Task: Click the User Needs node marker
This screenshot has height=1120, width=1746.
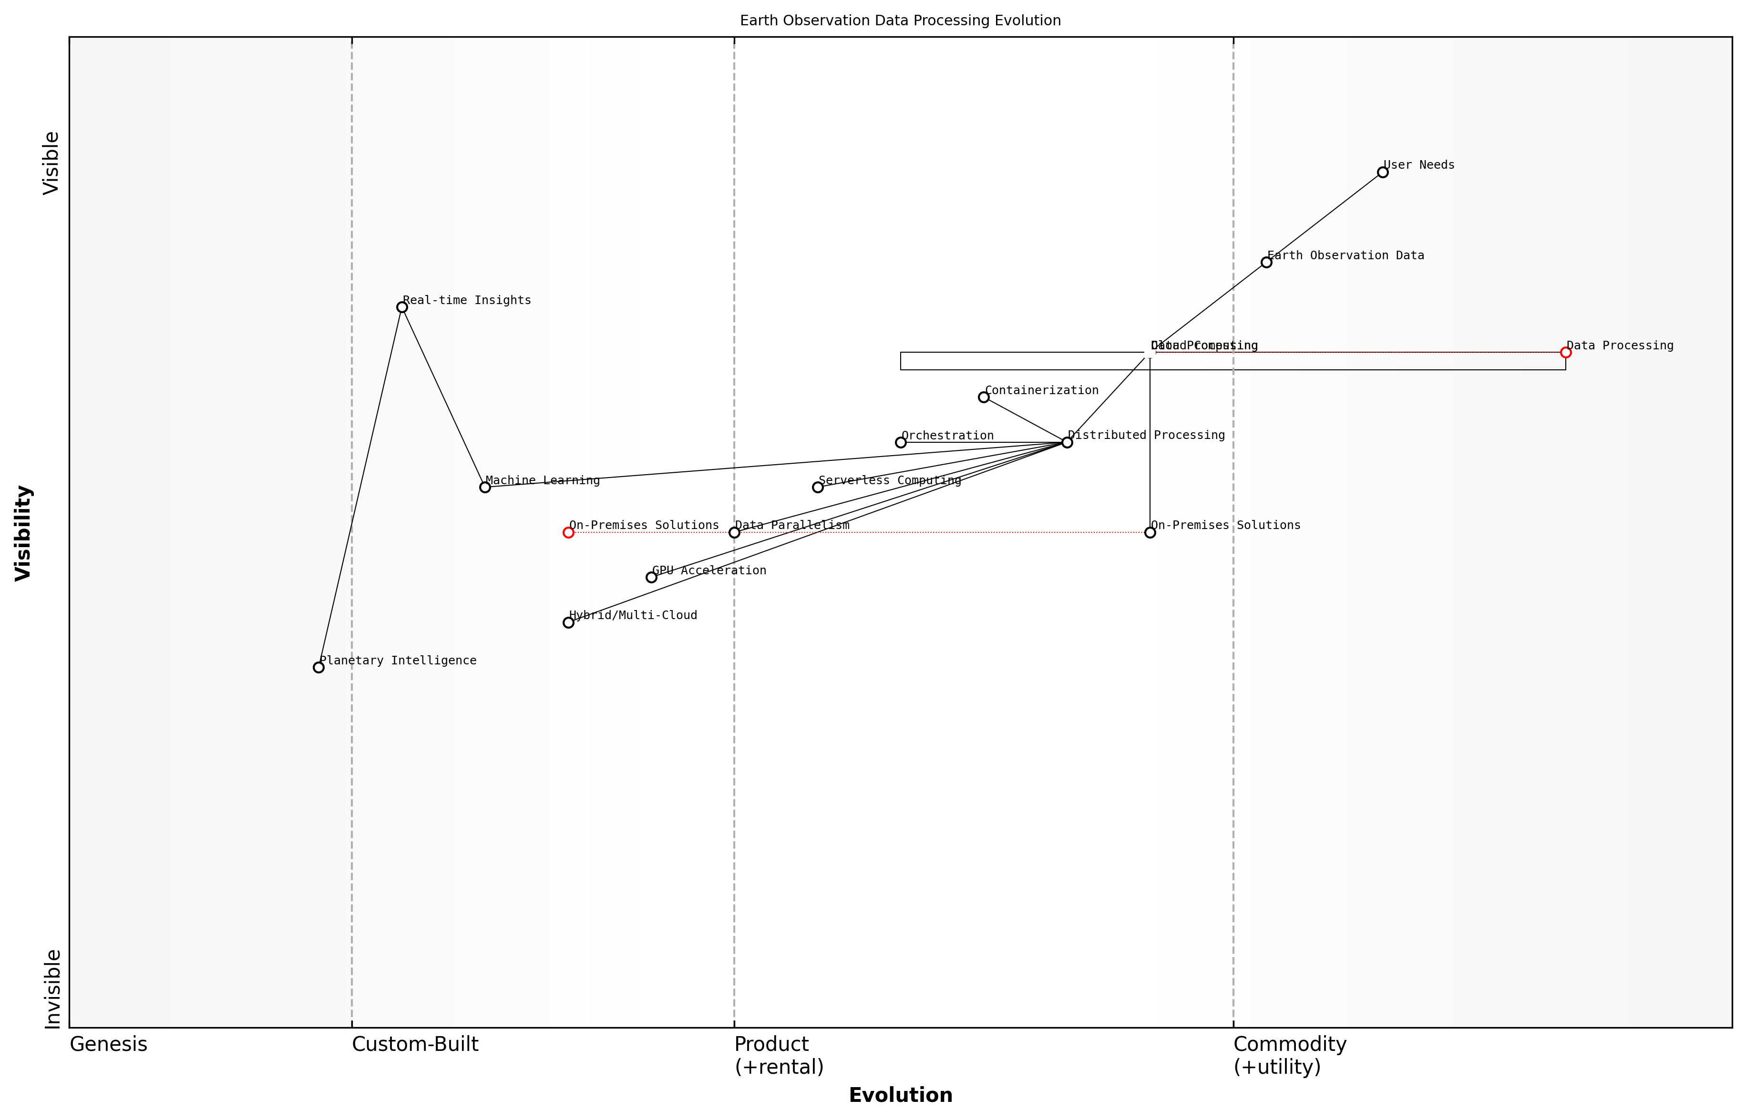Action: point(1382,173)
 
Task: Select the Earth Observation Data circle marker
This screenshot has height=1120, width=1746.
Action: point(1266,263)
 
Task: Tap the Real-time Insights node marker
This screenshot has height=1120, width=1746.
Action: point(401,307)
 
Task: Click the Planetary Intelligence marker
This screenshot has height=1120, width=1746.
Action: point(318,668)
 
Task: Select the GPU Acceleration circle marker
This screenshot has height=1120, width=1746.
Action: point(651,578)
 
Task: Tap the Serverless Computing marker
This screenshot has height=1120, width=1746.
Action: point(818,487)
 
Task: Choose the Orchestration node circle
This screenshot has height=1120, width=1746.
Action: point(901,442)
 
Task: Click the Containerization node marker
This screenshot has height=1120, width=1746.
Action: point(984,397)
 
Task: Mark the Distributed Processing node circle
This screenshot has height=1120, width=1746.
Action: point(1067,442)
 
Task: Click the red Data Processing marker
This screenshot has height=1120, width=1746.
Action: point(1566,353)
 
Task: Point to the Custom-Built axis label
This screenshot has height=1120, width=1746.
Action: point(415,1044)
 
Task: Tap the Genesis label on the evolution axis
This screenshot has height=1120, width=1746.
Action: point(108,1044)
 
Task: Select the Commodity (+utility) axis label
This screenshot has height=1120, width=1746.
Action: point(1289,1055)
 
